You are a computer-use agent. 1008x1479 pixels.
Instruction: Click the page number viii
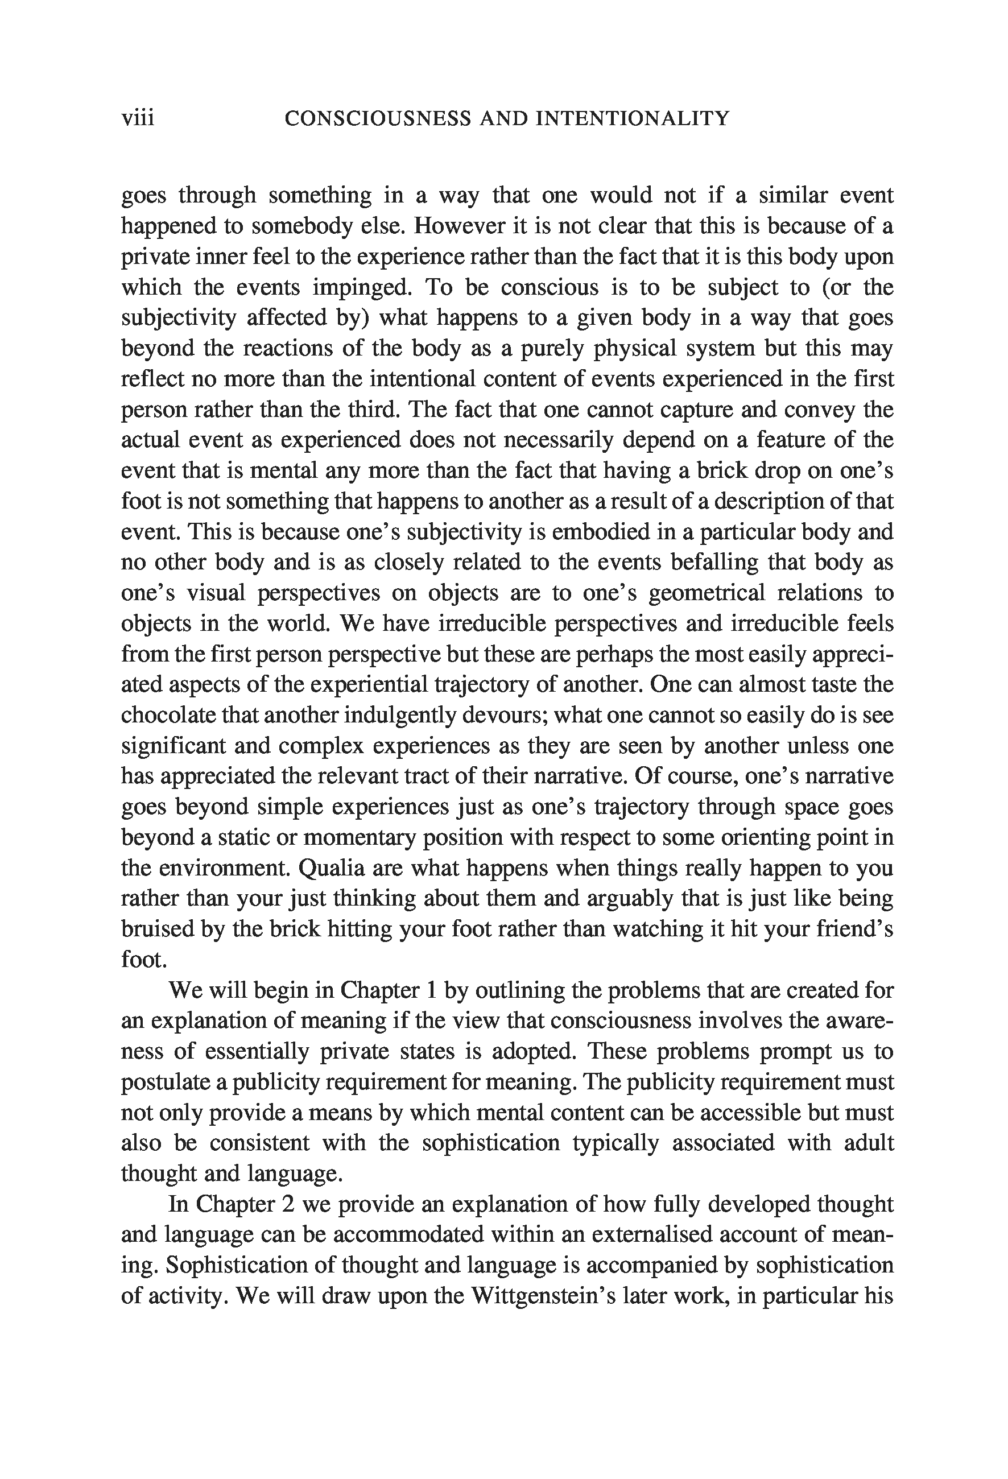pyautogui.click(x=138, y=118)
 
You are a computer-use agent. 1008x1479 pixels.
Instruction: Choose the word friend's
pyautogui.click(x=854, y=929)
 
